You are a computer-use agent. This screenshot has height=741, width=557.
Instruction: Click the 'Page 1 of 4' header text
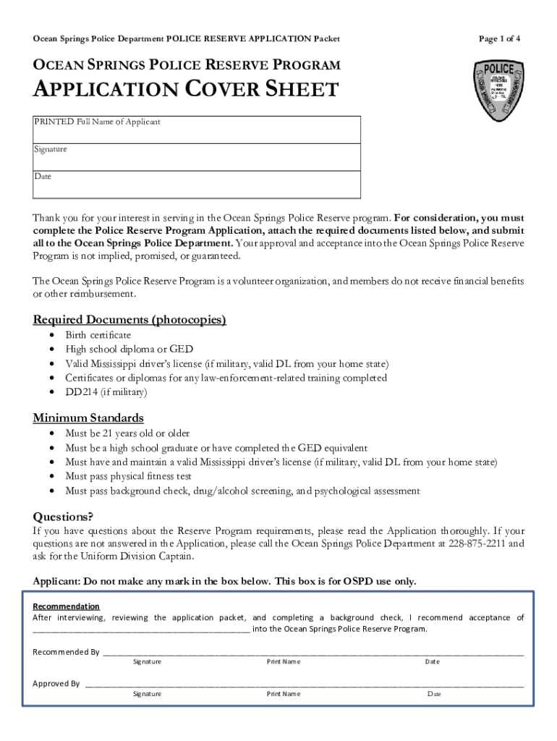point(499,38)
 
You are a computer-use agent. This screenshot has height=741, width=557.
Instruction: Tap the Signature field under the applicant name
point(196,156)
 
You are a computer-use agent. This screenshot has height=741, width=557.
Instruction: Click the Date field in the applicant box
point(196,184)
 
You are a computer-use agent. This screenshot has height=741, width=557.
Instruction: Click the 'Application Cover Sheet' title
point(186,90)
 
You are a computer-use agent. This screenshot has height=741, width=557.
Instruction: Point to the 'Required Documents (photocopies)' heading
point(129,320)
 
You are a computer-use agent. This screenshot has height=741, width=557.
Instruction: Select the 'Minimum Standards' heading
point(88,418)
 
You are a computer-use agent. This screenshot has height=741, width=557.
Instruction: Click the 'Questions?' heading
point(64,516)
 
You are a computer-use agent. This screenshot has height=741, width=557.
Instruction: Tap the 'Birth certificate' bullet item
point(98,335)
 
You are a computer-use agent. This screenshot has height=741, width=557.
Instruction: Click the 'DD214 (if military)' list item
point(106,392)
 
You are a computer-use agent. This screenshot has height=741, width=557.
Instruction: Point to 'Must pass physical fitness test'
point(128,476)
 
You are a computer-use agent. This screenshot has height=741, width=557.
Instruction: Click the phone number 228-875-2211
point(478,543)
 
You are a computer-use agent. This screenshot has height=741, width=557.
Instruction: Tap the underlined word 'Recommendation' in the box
point(67,606)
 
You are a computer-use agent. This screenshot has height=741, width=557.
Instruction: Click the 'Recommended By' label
point(66,652)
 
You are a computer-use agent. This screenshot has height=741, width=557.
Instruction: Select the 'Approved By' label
point(56,683)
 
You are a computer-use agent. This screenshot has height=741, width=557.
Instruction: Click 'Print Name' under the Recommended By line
point(283,662)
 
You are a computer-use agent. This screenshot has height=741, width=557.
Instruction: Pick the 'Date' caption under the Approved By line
point(434,694)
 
